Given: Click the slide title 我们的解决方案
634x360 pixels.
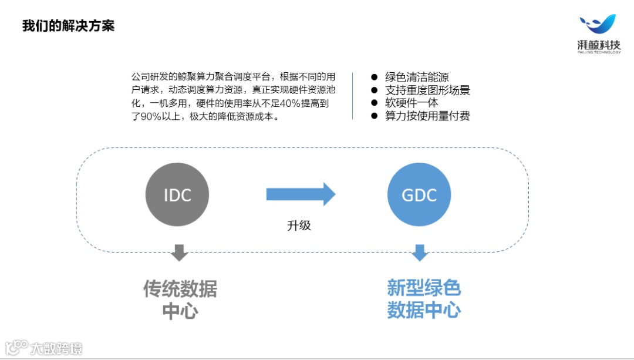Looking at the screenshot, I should (68, 26).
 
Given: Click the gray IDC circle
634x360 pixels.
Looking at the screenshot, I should (177, 194).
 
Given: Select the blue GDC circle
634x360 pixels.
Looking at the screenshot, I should (419, 194).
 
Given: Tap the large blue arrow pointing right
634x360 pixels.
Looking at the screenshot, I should (301, 194).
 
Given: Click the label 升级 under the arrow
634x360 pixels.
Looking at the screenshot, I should (299, 225).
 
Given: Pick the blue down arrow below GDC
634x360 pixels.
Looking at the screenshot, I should (419, 253).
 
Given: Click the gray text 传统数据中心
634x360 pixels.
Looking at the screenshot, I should (180, 300).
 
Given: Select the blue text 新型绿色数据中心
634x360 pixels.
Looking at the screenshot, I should (424, 300).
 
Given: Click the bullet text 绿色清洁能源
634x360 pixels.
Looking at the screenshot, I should (417, 77).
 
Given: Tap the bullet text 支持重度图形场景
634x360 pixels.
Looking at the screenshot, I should (427, 90).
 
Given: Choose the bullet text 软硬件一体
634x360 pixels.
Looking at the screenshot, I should (412, 103).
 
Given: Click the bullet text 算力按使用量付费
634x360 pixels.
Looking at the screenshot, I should (427, 116).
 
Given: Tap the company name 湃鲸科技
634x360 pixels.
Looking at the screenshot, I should (599, 46).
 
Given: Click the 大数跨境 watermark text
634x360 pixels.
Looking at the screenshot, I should (56, 348).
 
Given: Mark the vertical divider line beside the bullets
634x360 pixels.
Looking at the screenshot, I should (352, 96).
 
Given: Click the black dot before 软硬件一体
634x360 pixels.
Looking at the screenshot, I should (374, 103).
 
